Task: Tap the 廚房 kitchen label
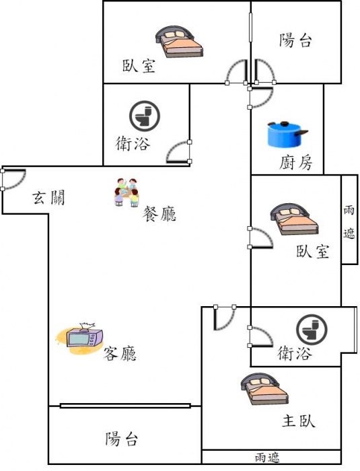coord(295,163)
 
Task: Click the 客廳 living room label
coord(120,353)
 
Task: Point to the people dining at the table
coord(127,192)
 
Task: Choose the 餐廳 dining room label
coord(159,214)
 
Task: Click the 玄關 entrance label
coord(48,198)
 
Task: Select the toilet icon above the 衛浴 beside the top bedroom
coord(145,116)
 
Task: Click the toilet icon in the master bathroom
coord(312,330)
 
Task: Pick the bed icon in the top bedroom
coord(180,42)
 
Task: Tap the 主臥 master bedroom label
coord(299,421)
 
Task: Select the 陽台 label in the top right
coord(295,40)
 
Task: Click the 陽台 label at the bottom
coord(121,439)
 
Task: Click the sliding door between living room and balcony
coord(125,406)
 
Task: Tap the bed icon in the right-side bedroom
coord(294,219)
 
